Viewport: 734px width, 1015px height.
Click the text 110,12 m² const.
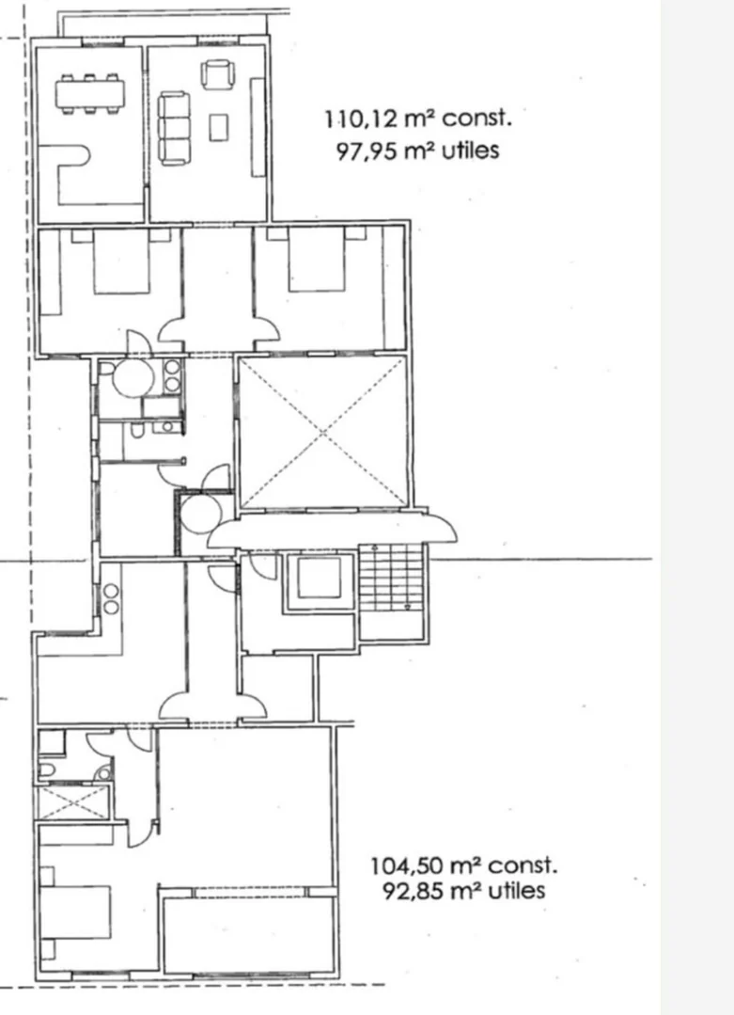pyautogui.click(x=418, y=119)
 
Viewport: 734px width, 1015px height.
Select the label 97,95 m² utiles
pyautogui.click(x=418, y=151)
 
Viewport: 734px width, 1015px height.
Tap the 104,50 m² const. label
pyautogui.click(x=463, y=865)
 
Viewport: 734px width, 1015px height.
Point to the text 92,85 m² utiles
pyautogui.click(x=463, y=892)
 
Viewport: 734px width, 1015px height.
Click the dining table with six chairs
pyautogui.click(x=90, y=94)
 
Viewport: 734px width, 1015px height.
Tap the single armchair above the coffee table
pyautogui.click(x=217, y=74)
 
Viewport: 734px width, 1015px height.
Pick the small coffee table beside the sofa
pyautogui.click(x=219, y=127)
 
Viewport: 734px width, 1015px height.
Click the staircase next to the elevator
pyautogui.click(x=391, y=578)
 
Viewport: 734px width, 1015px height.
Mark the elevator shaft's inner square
pyautogui.click(x=319, y=579)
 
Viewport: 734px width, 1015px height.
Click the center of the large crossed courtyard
pyautogui.click(x=323, y=433)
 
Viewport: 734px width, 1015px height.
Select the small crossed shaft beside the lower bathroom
pyautogui.click(x=73, y=802)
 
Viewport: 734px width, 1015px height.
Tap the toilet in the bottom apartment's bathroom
pyautogui.click(x=47, y=769)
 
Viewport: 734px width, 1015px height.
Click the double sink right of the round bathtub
pyautogui.click(x=172, y=376)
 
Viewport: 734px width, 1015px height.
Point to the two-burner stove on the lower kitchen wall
pyautogui.click(x=111, y=599)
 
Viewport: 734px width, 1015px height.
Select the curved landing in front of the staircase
pyautogui.click(x=332, y=530)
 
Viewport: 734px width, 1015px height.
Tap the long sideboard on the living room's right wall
pyautogui.click(x=258, y=127)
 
